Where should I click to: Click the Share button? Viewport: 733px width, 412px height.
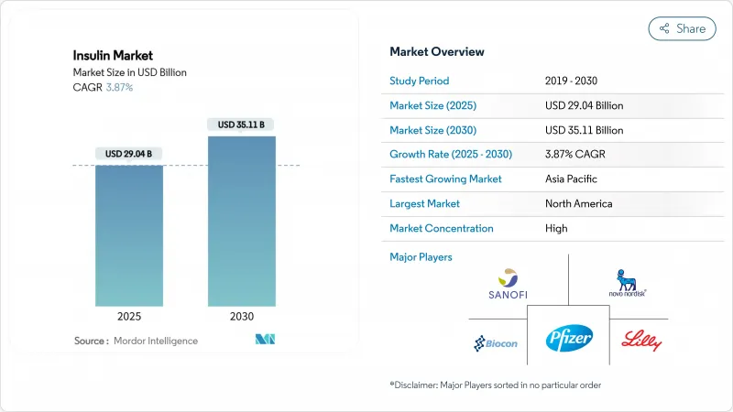click(x=683, y=28)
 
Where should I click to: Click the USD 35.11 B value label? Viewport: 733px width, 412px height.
click(x=242, y=125)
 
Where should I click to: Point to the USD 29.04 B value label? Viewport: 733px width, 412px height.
click(x=129, y=153)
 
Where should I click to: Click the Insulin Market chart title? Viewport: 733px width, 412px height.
click(x=113, y=56)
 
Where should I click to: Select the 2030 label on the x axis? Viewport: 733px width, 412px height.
click(x=242, y=316)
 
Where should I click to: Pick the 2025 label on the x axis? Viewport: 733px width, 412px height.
click(x=129, y=316)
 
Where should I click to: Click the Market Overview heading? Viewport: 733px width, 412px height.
click(x=437, y=51)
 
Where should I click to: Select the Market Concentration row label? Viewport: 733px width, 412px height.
click(x=442, y=228)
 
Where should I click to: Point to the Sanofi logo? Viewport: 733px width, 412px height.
click(x=508, y=283)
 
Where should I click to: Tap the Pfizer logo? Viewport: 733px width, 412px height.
click(x=570, y=339)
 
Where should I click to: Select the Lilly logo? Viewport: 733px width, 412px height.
click(x=640, y=341)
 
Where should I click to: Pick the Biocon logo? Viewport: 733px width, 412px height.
click(x=496, y=343)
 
